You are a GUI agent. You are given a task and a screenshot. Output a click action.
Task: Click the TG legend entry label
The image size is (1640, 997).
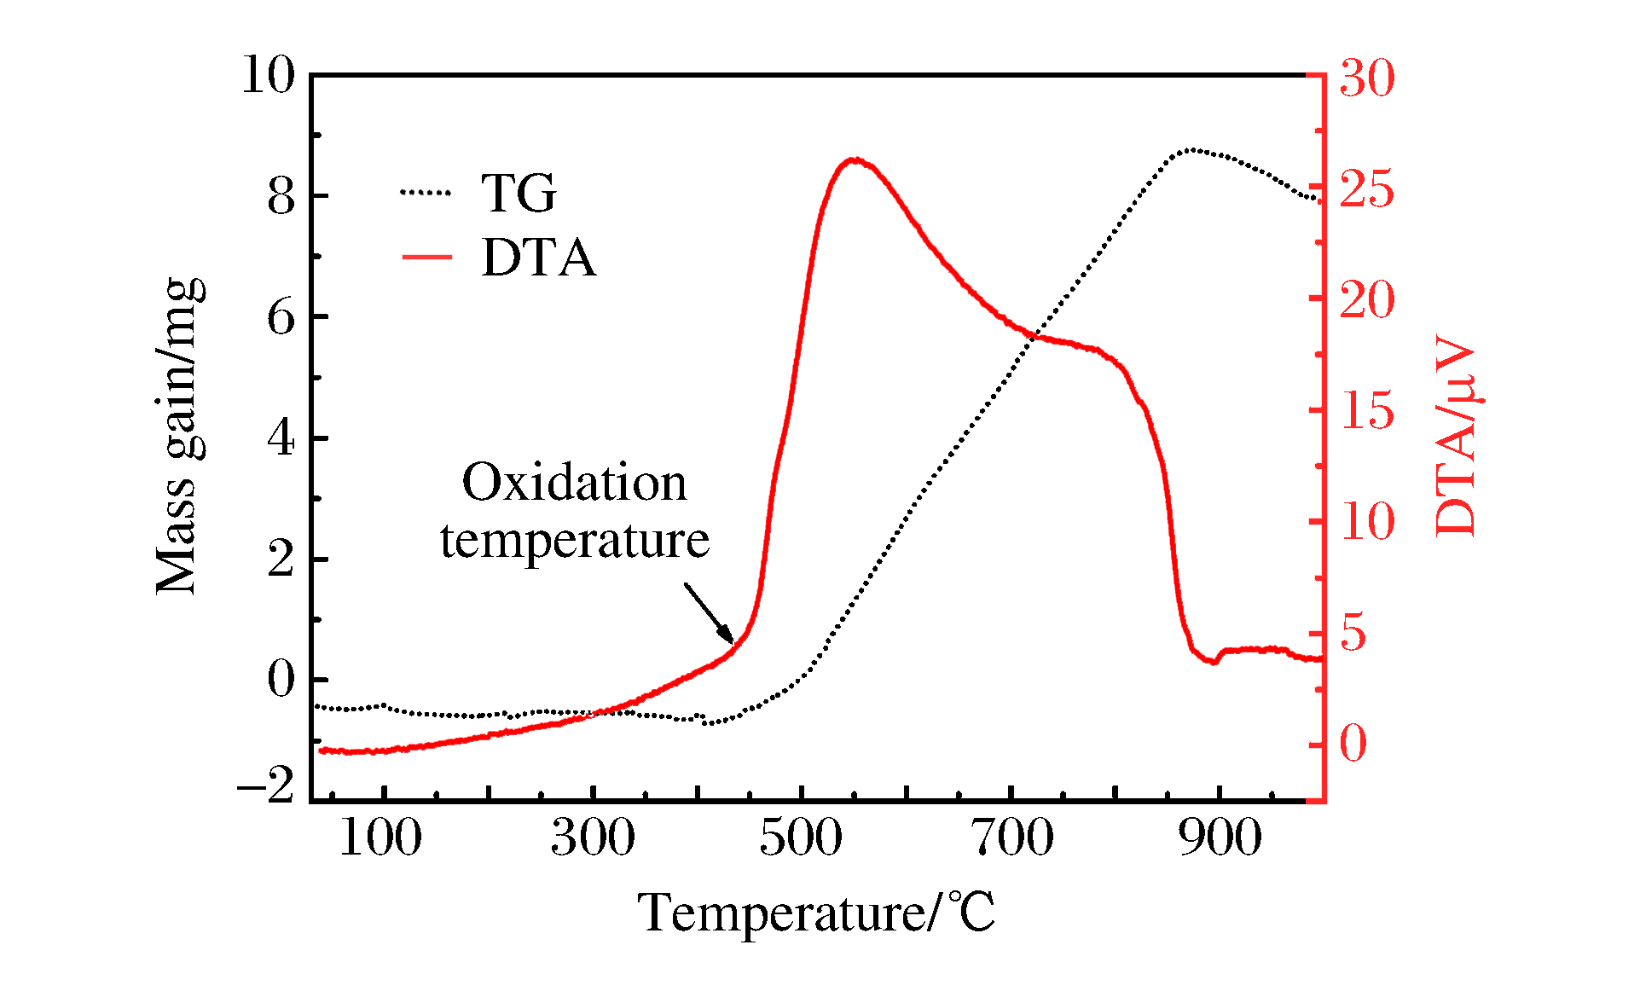click(x=519, y=193)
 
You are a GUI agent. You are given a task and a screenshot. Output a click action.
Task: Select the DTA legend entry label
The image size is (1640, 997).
click(x=538, y=257)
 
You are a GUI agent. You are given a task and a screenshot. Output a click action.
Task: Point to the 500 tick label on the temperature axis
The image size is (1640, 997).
click(x=801, y=838)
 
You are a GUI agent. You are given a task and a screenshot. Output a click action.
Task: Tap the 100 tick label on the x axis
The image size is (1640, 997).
click(x=380, y=838)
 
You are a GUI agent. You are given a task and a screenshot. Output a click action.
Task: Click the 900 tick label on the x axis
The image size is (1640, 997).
click(x=1220, y=838)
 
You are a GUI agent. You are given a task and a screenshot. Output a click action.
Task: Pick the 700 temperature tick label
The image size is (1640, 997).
click(x=1011, y=838)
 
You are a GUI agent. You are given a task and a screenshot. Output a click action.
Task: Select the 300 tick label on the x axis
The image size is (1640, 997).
click(x=592, y=838)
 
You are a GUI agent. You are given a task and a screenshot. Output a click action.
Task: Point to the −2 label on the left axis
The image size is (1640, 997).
click(x=266, y=784)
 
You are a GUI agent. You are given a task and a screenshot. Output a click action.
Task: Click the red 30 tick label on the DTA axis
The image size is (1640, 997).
click(x=1366, y=78)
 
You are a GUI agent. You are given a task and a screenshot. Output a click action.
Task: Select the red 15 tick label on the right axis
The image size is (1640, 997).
click(x=1366, y=411)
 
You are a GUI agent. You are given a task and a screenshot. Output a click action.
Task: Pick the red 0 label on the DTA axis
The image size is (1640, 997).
click(x=1353, y=744)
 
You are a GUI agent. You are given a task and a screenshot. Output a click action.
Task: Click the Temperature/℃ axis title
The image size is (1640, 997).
click(x=816, y=913)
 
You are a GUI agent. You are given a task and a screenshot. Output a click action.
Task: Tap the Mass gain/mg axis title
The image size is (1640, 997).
click(x=179, y=436)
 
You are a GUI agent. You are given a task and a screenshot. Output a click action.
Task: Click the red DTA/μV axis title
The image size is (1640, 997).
click(x=1457, y=436)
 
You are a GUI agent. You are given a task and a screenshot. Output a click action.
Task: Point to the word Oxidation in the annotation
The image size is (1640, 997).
click(x=574, y=483)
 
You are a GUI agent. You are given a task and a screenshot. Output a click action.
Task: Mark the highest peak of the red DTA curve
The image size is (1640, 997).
click(x=854, y=159)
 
